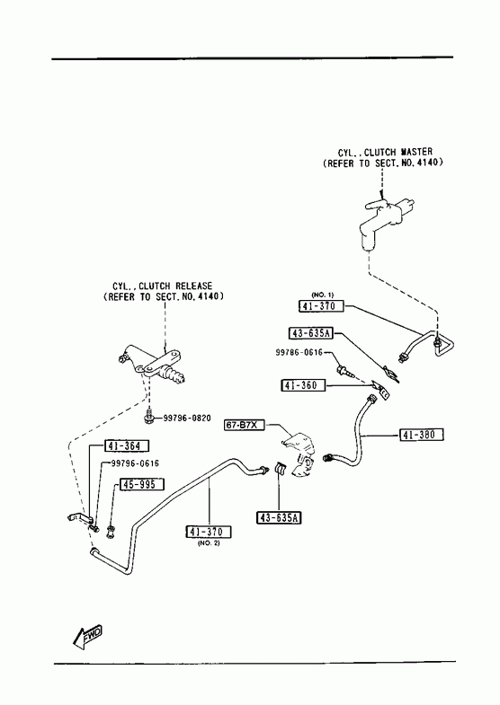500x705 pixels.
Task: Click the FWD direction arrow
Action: (x=87, y=635)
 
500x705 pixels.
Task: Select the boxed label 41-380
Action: (x=421, y=435)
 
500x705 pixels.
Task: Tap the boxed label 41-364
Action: (x=127, y=446)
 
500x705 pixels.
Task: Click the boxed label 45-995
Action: (x=141, y=484)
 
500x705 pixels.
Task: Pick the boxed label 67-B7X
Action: (x=244, y=425)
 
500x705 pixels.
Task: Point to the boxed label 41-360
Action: (x=303, y=385)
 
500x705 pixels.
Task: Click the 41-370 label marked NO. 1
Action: (x=321, y=306)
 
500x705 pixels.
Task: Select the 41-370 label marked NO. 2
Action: (x=209, y=532)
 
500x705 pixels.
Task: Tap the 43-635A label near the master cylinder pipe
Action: (x=311, y=333)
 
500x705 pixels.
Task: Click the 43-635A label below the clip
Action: (x=279, y=518)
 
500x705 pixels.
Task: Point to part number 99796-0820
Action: (x=187, y=419)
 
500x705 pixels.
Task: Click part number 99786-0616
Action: (x=299, y=352)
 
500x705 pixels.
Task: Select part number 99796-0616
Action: (x=135, y=463)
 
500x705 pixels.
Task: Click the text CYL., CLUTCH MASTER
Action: (x=385, y=152)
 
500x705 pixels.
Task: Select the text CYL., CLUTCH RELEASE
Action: (x=163, y=286)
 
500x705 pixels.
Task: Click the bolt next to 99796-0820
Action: (x=149, y=418)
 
